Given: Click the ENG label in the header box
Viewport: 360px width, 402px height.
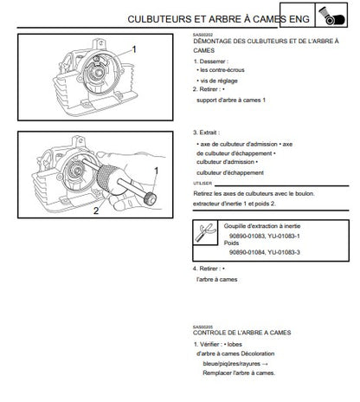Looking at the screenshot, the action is pos(299,19).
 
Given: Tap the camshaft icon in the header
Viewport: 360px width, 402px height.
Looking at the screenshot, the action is pos(331,16).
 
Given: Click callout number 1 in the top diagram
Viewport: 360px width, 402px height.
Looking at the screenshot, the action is pos(134,49).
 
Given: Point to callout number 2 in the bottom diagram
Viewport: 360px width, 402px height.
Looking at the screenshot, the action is pos(96,211).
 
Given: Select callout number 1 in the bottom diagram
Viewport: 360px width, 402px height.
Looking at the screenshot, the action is pos(157,172).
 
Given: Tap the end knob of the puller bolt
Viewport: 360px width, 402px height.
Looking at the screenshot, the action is pos(151,198).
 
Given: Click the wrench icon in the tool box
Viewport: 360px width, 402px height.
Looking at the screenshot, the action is pos(205,232).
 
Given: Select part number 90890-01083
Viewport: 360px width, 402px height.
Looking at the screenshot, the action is pos(247,236).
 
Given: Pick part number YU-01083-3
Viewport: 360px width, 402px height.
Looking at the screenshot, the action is pos(284,252).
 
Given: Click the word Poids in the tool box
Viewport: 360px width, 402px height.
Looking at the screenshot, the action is pos(231,243).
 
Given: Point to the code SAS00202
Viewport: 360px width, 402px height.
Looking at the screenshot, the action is pos(202,35).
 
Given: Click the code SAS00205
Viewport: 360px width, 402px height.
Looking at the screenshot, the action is pos(202,327).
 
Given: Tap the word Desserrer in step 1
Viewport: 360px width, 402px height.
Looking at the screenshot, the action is pos(212,62).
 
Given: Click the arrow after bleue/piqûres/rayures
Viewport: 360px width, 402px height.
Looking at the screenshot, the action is pos(266,364).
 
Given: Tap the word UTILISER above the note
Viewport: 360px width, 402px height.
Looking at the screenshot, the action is pos(202,184).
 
